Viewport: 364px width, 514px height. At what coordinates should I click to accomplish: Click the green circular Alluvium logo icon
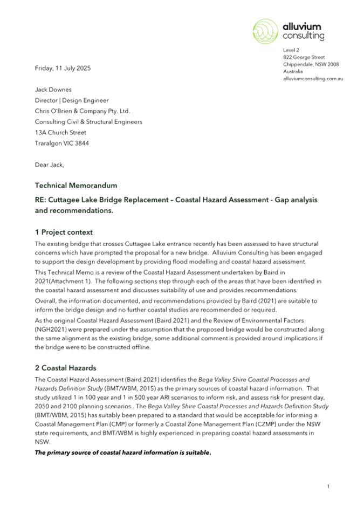pos(266,30)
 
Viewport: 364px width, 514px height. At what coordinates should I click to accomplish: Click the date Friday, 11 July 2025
pos(63,68)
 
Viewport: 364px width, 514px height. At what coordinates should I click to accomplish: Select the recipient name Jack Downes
pos(53,90)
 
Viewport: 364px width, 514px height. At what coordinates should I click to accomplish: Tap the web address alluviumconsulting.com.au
pos(313,79)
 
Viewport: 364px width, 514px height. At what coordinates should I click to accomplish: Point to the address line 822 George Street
pos(304,57)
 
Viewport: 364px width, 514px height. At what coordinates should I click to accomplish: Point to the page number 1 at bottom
pos(328,487)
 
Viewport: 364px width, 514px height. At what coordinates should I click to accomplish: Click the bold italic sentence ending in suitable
pos(123,453)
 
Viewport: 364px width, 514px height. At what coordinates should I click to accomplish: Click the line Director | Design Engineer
pos(72,100)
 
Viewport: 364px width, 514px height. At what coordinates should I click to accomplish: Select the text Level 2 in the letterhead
pos(291,50)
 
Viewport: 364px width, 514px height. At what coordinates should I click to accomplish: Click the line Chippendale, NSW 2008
pos(311,64)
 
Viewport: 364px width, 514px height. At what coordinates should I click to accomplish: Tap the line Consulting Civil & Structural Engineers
pos(88,122)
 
